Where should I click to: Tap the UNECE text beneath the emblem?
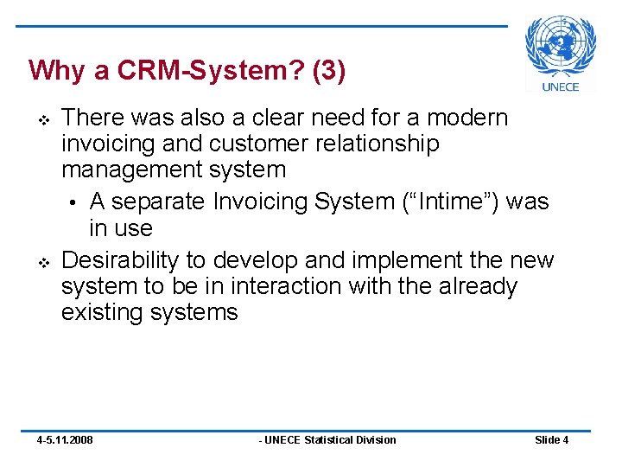click(561, 86)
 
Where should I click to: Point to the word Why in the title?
click(56, 70)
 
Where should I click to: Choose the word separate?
click(160, 202)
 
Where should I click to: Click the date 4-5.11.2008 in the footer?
click(65, 440)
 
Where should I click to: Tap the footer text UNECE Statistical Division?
click(328, 440)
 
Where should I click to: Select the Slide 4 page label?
click(552, 440)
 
